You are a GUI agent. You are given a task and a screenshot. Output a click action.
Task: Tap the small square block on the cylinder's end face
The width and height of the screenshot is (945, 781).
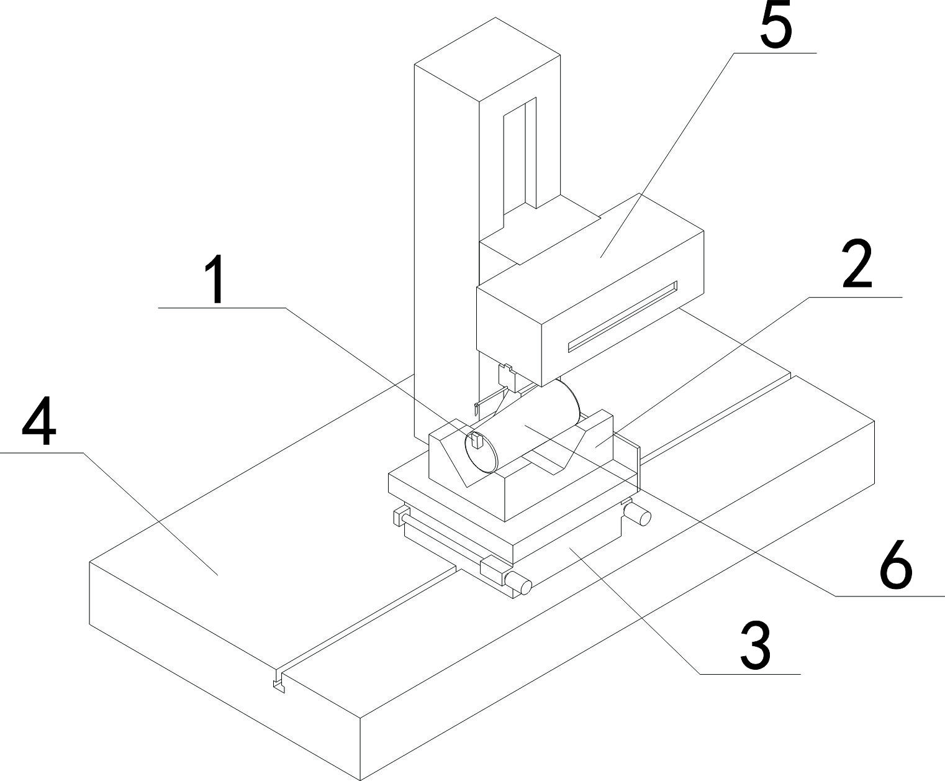(x=477, y=441)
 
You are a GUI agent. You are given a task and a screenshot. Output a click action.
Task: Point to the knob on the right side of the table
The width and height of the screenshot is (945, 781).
(x=639, y=513)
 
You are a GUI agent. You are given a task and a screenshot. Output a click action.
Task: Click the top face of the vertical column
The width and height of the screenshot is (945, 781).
(x=487, y=59)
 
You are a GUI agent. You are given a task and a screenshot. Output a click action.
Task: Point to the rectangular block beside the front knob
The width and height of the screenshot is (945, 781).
(x=494, y=570)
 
